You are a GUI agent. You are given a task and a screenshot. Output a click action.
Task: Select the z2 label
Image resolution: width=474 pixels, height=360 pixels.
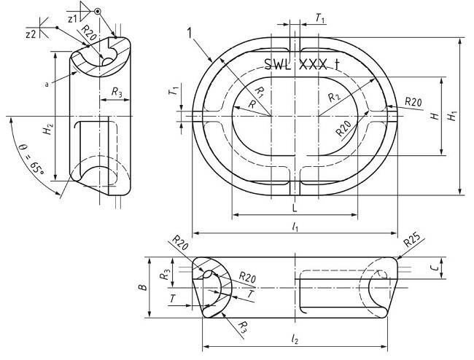[x=31, y=34]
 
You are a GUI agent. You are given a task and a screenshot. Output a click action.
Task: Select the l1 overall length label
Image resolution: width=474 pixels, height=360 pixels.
[x=295, y=227]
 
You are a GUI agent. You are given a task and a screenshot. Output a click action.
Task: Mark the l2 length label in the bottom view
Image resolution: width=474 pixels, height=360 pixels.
[x=295, y=340]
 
